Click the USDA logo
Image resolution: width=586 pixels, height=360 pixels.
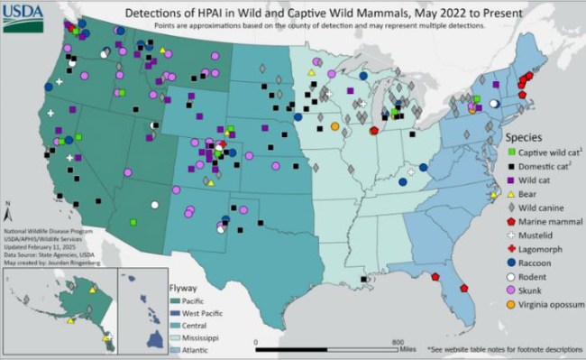tap(20, 15)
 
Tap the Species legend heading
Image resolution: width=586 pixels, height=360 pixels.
tap(523, 137)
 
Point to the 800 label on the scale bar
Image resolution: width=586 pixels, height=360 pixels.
tap(397, 343)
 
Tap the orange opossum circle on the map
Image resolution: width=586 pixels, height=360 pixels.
tap(334, 125)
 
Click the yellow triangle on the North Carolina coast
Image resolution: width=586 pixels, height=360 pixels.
tap(493, 194)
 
